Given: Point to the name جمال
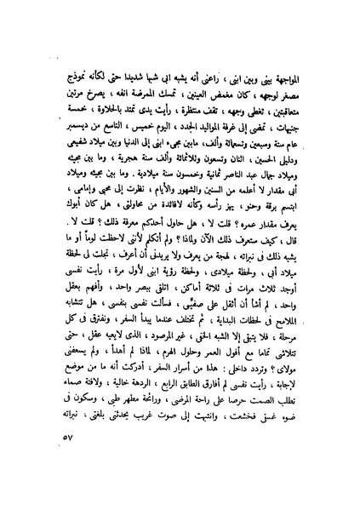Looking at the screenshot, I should coord(276,175).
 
